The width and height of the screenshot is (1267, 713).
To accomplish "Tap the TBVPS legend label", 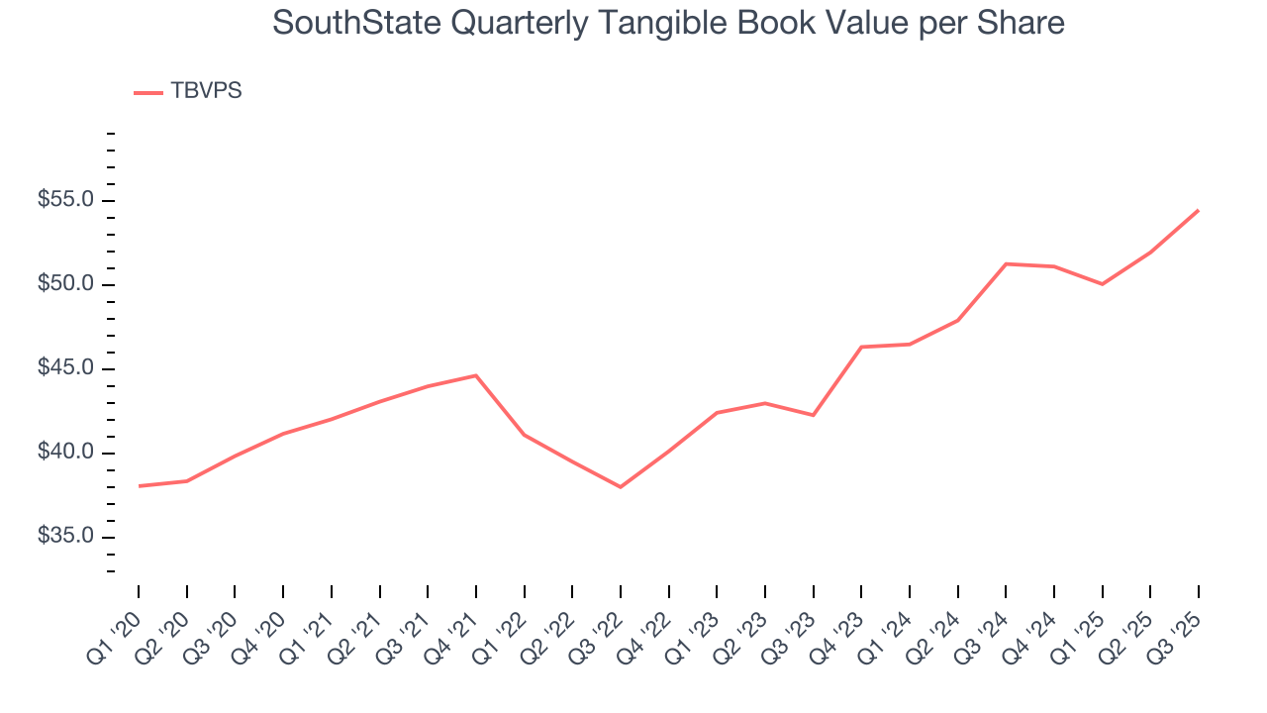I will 206,91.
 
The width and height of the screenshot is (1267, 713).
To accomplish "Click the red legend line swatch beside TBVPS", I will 148,92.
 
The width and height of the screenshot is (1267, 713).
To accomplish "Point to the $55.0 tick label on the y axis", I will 65,200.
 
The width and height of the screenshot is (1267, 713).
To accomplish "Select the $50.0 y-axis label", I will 65,285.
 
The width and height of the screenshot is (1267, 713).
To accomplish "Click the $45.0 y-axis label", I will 65,369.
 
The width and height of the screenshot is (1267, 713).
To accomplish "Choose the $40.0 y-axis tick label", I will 65,454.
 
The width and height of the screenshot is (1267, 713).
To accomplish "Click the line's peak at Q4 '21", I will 476,375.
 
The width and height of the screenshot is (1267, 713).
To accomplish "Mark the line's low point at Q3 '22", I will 621,487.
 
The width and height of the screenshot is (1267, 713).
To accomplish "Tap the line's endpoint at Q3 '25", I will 1199,210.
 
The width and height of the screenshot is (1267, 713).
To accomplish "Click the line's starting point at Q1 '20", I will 139,486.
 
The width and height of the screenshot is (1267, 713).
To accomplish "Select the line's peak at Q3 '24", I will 1006,263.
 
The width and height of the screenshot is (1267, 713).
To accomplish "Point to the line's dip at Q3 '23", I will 813,415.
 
